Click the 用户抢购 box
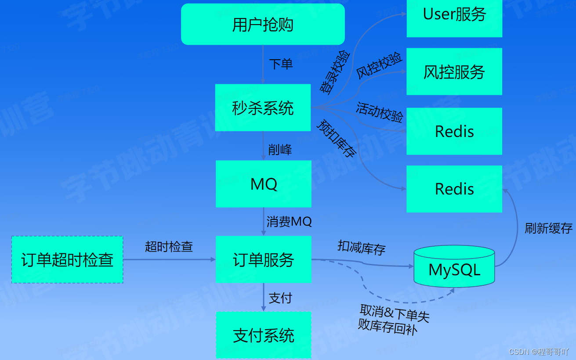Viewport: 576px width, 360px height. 263,25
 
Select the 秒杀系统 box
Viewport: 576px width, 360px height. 263,108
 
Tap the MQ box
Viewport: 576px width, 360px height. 263,184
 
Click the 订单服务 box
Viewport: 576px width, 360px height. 263,259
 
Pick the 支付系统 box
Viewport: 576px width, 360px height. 263,335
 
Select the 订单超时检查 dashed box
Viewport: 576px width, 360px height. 67,259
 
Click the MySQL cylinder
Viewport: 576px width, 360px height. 454,266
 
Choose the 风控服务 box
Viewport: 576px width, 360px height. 454,72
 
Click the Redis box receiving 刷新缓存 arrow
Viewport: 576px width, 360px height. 454,189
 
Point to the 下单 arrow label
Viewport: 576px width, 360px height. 281,64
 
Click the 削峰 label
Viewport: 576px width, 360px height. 280,150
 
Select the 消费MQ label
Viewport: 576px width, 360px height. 289,221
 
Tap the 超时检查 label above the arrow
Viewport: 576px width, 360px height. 169,246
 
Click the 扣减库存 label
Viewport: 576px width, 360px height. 361,248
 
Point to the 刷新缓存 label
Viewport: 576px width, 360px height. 548,228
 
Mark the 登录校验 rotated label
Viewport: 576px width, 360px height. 335,71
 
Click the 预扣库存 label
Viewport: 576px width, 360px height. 336,138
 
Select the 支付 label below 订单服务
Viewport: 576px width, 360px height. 280,298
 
